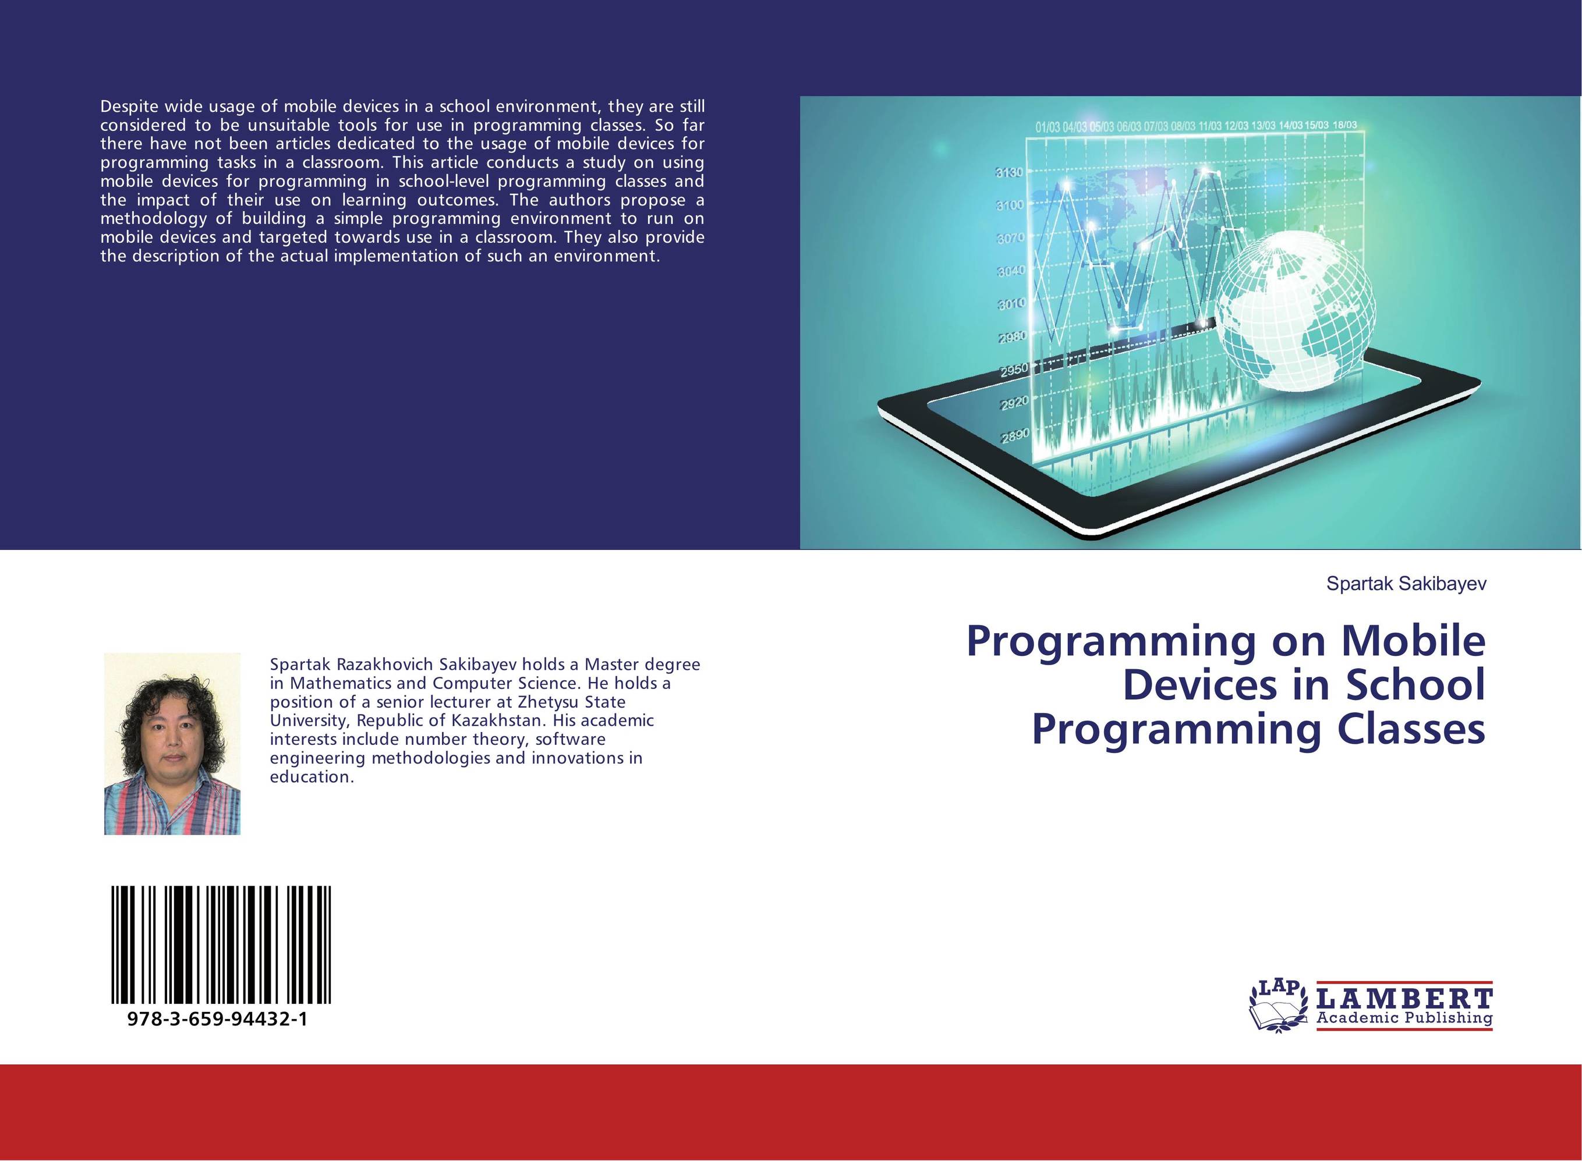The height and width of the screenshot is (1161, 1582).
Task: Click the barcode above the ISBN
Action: [221, 945]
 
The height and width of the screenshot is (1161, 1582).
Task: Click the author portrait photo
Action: [172, 744]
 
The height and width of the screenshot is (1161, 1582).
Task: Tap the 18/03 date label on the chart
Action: [1344, 125]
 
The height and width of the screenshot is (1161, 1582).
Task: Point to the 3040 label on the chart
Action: [1011, 271]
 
